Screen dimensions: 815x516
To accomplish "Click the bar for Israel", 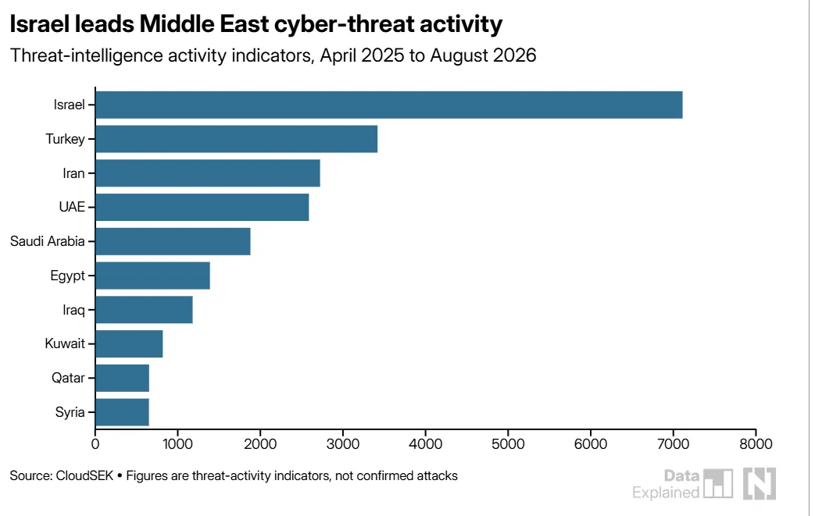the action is click(389, 105).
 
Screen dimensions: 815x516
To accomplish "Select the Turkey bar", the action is click(237, 139).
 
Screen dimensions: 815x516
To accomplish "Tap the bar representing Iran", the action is click(208, 173).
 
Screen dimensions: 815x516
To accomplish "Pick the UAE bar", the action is click(202, 207).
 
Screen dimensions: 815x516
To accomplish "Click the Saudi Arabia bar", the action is click(173, 241).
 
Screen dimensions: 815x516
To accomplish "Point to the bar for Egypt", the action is click(153, 276).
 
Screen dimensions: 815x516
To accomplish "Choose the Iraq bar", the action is click(144, 310).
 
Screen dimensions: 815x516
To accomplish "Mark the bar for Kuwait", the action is click(129, 343).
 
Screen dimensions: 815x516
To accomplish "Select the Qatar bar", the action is click(122, 378).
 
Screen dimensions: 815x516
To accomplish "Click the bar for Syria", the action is click(122, 412).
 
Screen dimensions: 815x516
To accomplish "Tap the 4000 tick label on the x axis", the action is click(425, 444).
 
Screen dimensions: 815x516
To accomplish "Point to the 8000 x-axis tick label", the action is click(756, 444).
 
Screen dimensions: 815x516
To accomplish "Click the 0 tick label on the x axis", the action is click(95, 444).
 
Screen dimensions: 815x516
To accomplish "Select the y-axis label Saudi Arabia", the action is click(48, 241).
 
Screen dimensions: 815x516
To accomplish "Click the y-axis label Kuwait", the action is click(64, 343).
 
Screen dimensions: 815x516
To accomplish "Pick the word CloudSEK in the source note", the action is click(84, 475).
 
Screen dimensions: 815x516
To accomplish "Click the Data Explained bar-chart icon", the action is click(718, 483).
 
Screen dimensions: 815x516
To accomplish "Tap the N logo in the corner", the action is click(760, 483).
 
